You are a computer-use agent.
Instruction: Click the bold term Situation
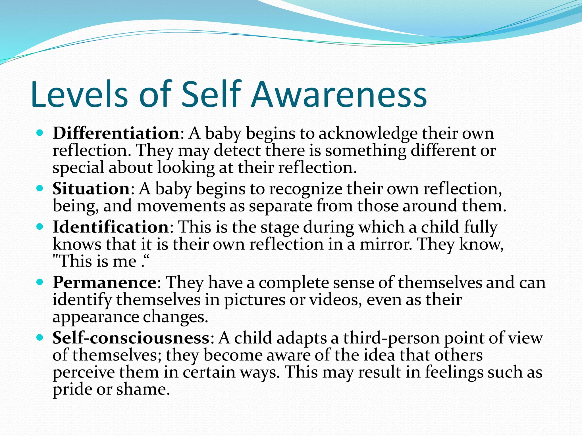click(91, 188)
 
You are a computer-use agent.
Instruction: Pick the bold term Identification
click(111, 227)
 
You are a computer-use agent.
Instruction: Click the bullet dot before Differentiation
click(40, 133)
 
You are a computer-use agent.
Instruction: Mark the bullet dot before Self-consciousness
click(40, 338)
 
